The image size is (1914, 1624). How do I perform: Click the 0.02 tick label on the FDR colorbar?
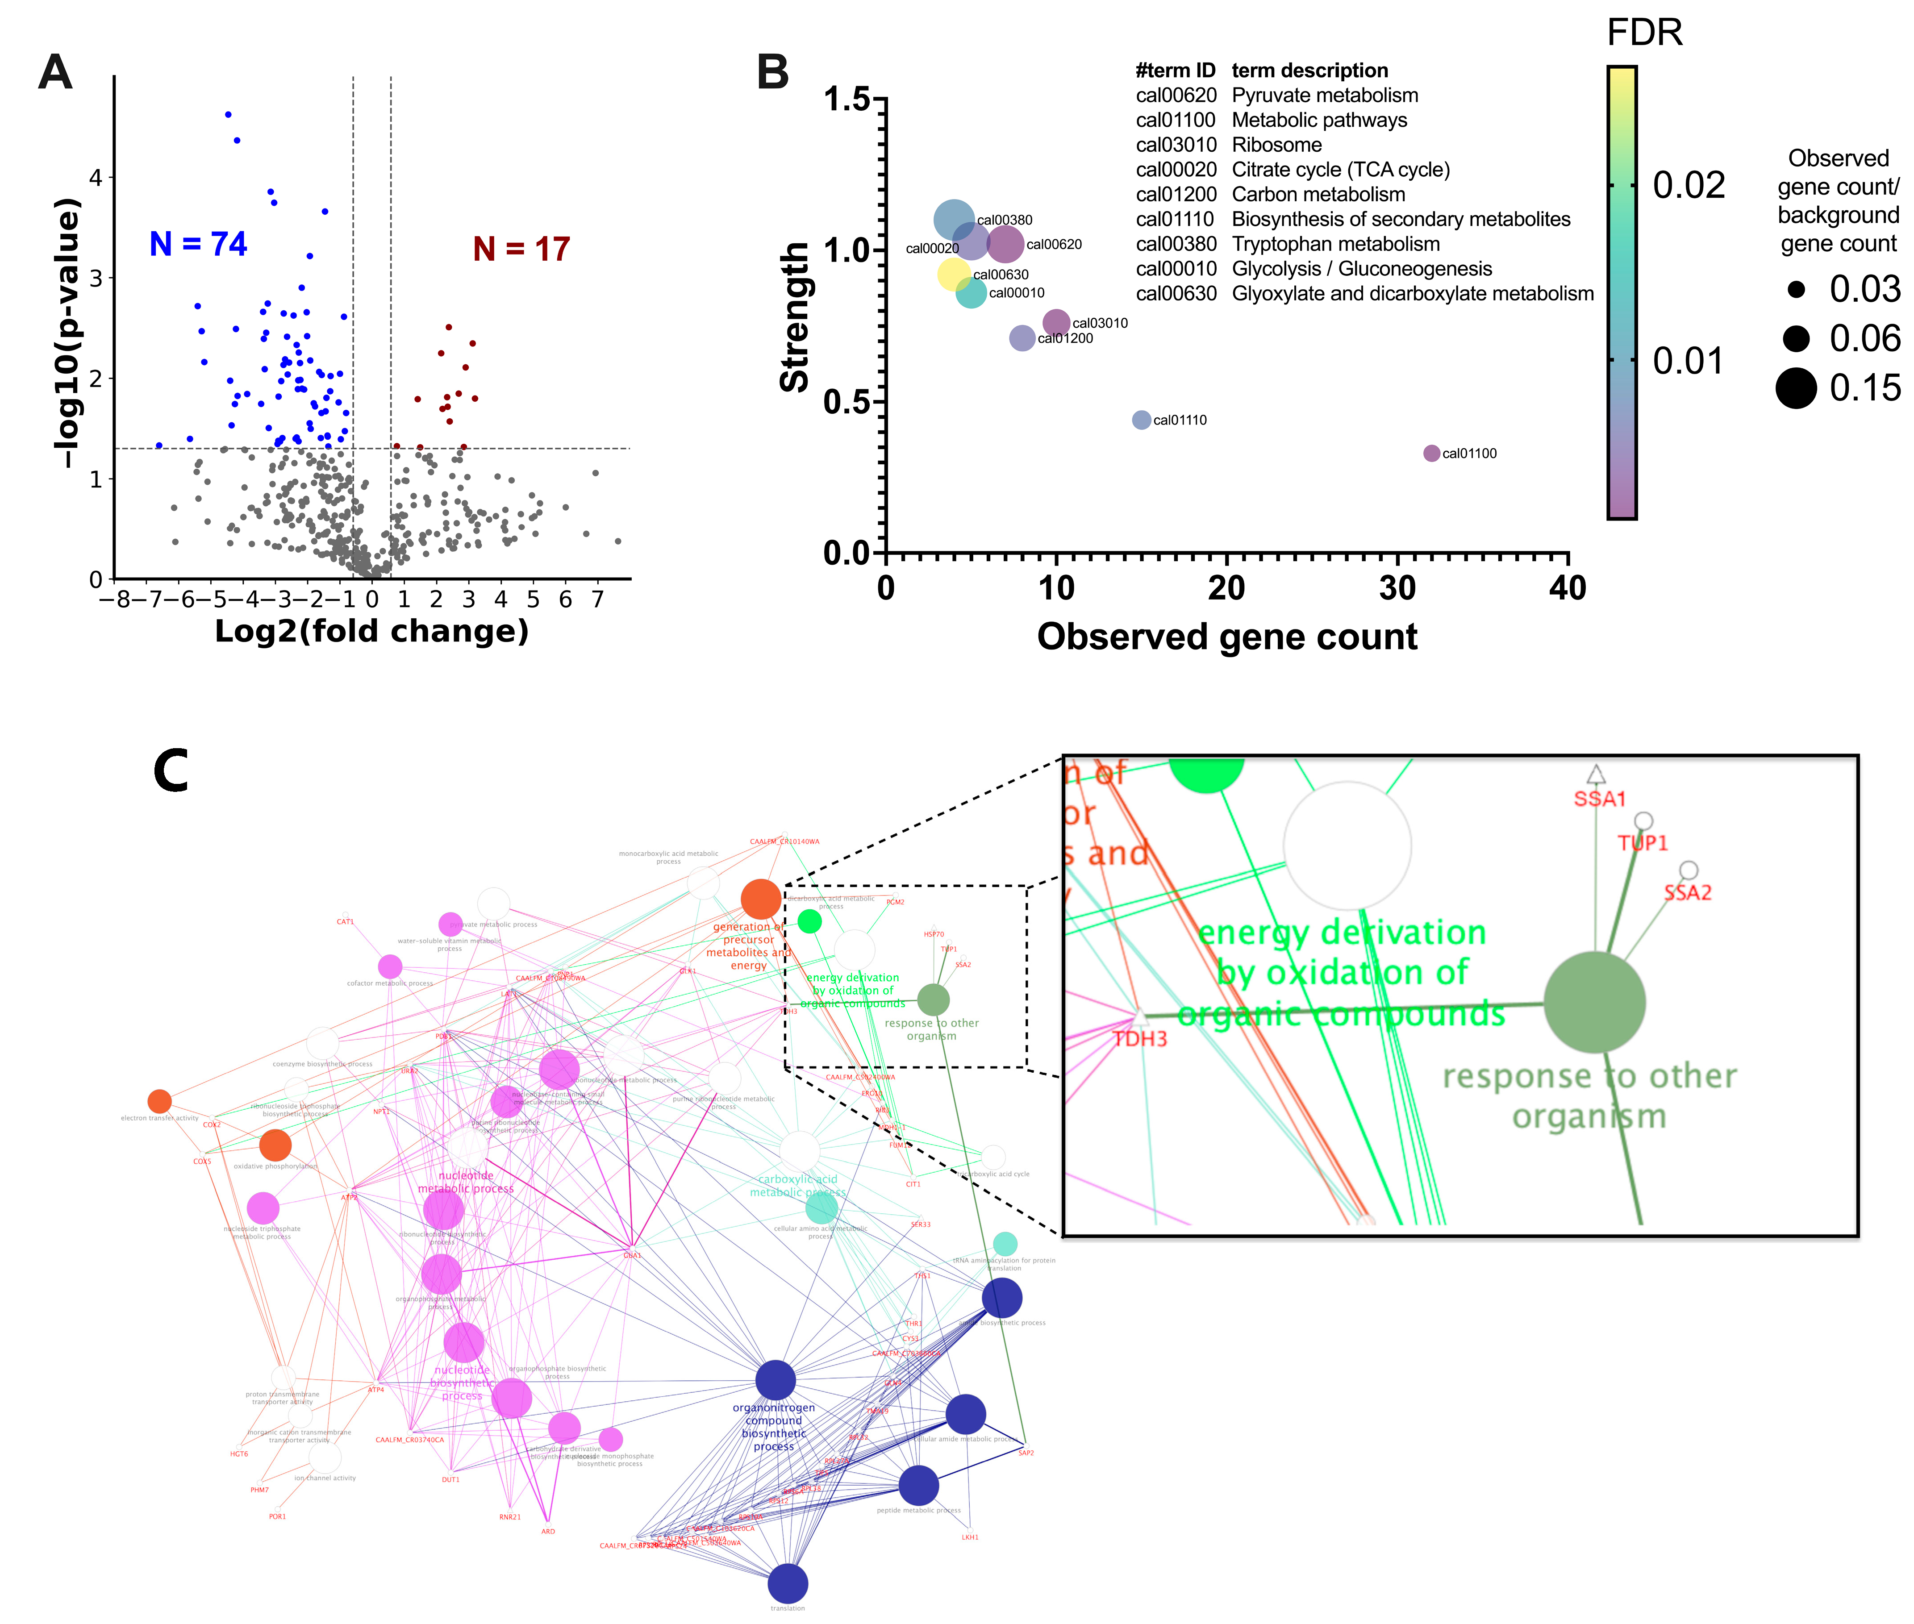point(1689,185)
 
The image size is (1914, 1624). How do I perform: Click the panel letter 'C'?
point(171,771)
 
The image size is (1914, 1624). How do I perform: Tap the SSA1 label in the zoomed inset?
point(1599,798)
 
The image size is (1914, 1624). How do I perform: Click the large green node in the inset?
point(1593,1003)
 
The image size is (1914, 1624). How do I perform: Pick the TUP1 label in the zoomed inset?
point(1643,842)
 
